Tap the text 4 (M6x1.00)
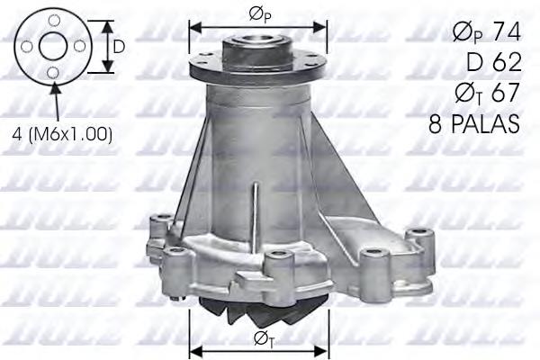point(62,134)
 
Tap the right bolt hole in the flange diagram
point(81,47)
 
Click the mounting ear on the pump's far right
point(417,240)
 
